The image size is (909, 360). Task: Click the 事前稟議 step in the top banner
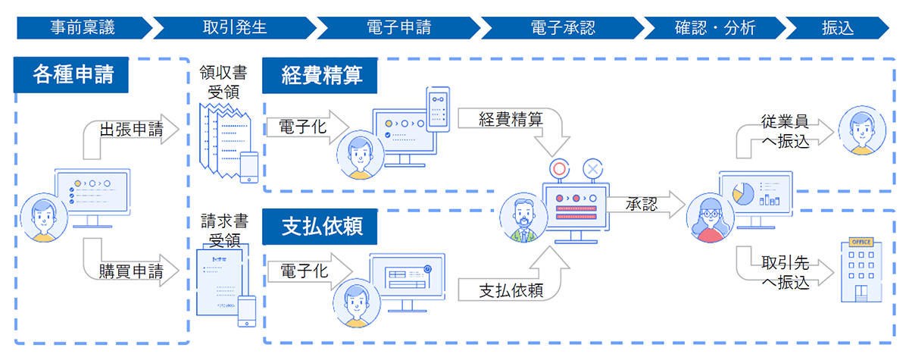tap(83, 28)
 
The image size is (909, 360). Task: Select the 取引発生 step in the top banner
tap(235, 28)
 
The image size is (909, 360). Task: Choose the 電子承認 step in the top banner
tap(562, 28)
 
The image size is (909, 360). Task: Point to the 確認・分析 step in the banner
tap(714, 28)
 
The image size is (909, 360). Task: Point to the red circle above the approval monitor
tap(558, 169)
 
